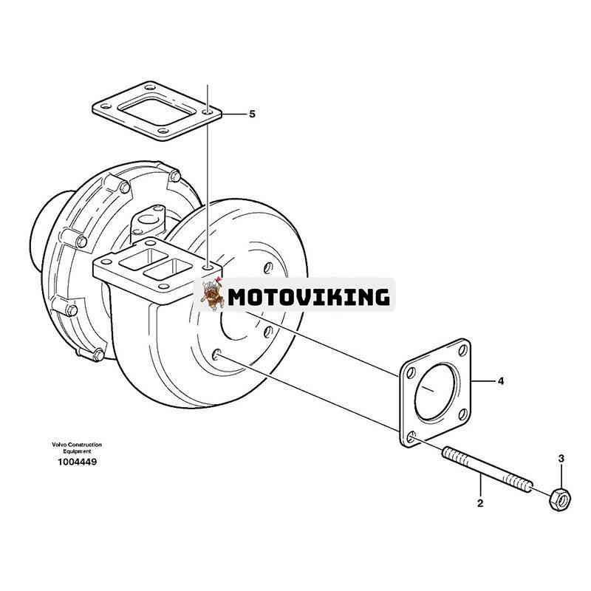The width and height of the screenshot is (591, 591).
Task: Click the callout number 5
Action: [x=252, y=114]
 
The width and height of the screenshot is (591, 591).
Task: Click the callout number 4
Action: [x=501, y=381]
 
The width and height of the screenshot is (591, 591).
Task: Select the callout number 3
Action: [x=561, y=459]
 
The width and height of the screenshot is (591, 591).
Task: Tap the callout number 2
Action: [x=480, y=503]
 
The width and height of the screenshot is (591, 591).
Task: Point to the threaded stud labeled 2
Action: [x=488, y=470]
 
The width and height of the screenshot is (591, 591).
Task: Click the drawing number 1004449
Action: [x=78, y=462]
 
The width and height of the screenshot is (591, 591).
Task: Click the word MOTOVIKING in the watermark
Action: [x=309, y=297]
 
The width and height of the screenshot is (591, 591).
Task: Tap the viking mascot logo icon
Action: [x=213, y=294]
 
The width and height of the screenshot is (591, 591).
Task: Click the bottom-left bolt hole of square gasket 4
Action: [x=411, y=437]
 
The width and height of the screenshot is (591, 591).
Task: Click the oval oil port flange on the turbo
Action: [x=148, y=221]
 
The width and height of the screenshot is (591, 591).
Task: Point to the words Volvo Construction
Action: [x=77, y=445]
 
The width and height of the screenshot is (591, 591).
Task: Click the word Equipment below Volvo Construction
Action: [x=77, y=451]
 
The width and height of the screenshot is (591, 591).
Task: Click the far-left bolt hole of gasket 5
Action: [x=104, y=108]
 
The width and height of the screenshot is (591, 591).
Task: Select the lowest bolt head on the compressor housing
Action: [x=98, y=354]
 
